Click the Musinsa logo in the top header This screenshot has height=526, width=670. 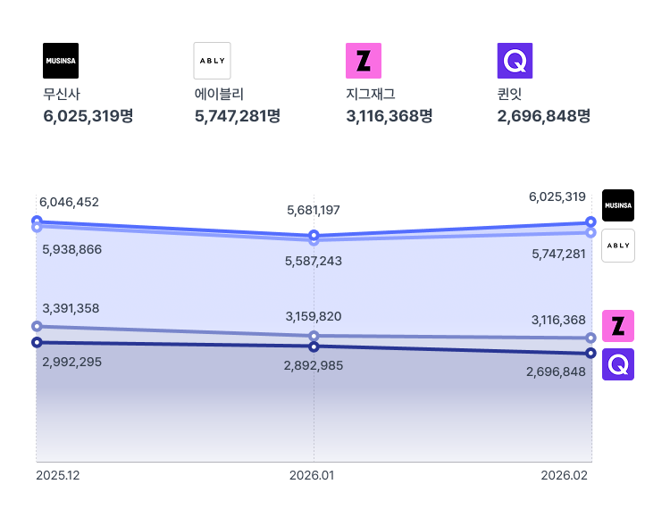click(x=61, y=61)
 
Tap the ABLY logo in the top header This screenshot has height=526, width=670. click(x=212, y=61)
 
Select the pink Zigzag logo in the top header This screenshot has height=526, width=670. click(x=364, y=61)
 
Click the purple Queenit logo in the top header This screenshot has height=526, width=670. click(x=515, y=61)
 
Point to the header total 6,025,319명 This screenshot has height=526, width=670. click(x=88, y=116)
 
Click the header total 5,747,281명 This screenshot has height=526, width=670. click(x=238, y=116)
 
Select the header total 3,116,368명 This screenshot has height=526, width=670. click(x=389, y=116)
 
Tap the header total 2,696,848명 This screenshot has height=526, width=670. click(x=544, y=116)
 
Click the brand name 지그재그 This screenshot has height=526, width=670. click(x=370, y=94)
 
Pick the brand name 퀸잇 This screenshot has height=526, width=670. click(x=509, y=94)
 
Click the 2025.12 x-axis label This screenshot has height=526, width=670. click(x=58, y=476)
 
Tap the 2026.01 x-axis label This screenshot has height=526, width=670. click(x=312, y=476)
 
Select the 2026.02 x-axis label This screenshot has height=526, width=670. click(x=565, y=476)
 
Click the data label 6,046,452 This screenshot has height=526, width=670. click(x=69, y=202)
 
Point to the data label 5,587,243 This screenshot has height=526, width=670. click(x=314, y=261)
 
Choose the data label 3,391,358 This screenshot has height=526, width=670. click(x=71, y=308)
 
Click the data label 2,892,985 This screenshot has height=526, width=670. click(x=314, y=365)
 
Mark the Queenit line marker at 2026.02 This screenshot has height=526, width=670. click(x=591, y=354)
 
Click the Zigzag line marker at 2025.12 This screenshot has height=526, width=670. click(x=37, y=327)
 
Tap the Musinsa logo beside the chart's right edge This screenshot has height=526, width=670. click(x=618, y=205)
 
